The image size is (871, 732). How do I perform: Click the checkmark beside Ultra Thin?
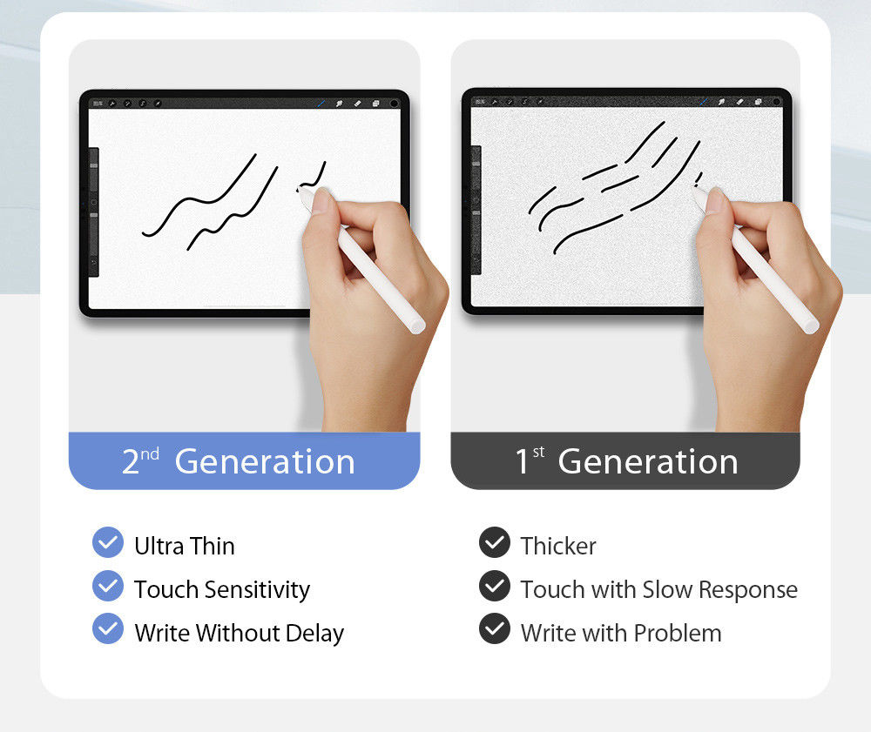(108, 543)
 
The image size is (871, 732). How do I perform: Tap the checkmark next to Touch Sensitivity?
(108, 587)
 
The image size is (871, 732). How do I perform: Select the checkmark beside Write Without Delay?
(108, 629)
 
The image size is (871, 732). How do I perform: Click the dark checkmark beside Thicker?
(495, 543)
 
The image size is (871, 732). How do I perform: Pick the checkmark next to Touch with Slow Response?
(495, 587)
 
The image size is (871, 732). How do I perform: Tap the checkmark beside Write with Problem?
(495, 629)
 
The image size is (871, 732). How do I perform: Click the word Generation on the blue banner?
(265, 461)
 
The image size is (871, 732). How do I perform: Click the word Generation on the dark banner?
(648, 461)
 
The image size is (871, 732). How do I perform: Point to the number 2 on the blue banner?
(131, 462)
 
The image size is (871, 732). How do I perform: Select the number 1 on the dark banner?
(522, 462)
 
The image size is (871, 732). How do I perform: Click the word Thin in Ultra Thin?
(212, 547)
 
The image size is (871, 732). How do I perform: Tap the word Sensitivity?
(257, 590)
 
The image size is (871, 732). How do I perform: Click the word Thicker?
(558, 547)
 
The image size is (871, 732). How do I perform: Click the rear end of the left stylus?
(417, 325)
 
